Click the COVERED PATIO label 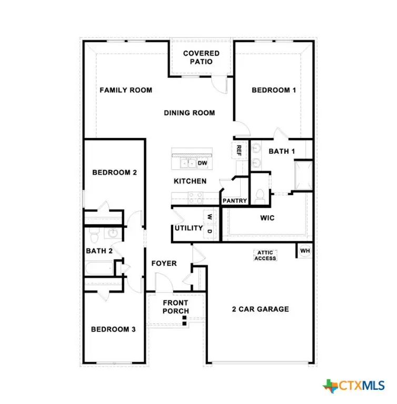(201, 57)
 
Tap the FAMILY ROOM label (126, 90)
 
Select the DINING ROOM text (189, 113)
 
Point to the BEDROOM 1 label (274, 90)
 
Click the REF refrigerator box (239, 150)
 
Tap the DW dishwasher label (202, 163)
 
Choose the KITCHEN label (190, 181)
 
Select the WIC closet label (267, 217)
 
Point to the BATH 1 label (282, 151)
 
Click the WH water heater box (305, 251)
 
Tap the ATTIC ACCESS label (265, 255)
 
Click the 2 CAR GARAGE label (261, 309)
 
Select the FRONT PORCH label (175, 307)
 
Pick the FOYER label (164, 263)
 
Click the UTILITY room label (188, 228)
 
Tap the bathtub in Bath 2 (100, 268)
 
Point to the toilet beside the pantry (259, 196)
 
